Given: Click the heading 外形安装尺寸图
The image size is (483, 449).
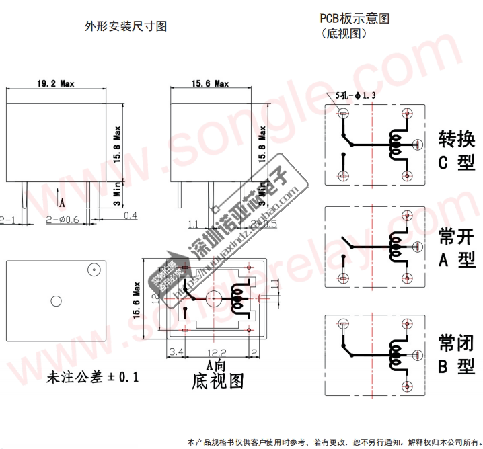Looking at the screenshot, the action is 126,26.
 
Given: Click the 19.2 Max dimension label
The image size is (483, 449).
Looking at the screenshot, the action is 56,83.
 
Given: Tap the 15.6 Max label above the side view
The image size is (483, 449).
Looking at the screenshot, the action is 210,83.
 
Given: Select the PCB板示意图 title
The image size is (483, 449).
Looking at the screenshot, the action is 355,19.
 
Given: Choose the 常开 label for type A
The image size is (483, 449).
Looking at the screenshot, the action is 457,236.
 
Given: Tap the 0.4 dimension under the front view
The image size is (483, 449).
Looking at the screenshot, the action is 130,215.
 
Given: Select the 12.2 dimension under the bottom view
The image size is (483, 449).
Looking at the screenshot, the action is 215,352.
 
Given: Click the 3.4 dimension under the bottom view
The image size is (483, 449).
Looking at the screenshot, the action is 177,352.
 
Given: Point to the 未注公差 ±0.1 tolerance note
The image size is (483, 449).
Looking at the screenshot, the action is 92,377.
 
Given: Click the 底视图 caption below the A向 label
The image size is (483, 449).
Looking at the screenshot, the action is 217,381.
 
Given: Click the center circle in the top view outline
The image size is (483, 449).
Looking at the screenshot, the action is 57,300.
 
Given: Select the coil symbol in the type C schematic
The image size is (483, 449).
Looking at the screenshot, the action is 396,144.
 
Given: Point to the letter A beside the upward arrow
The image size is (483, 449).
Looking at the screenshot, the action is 63,201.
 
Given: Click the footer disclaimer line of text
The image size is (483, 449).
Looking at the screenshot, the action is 334,442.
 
